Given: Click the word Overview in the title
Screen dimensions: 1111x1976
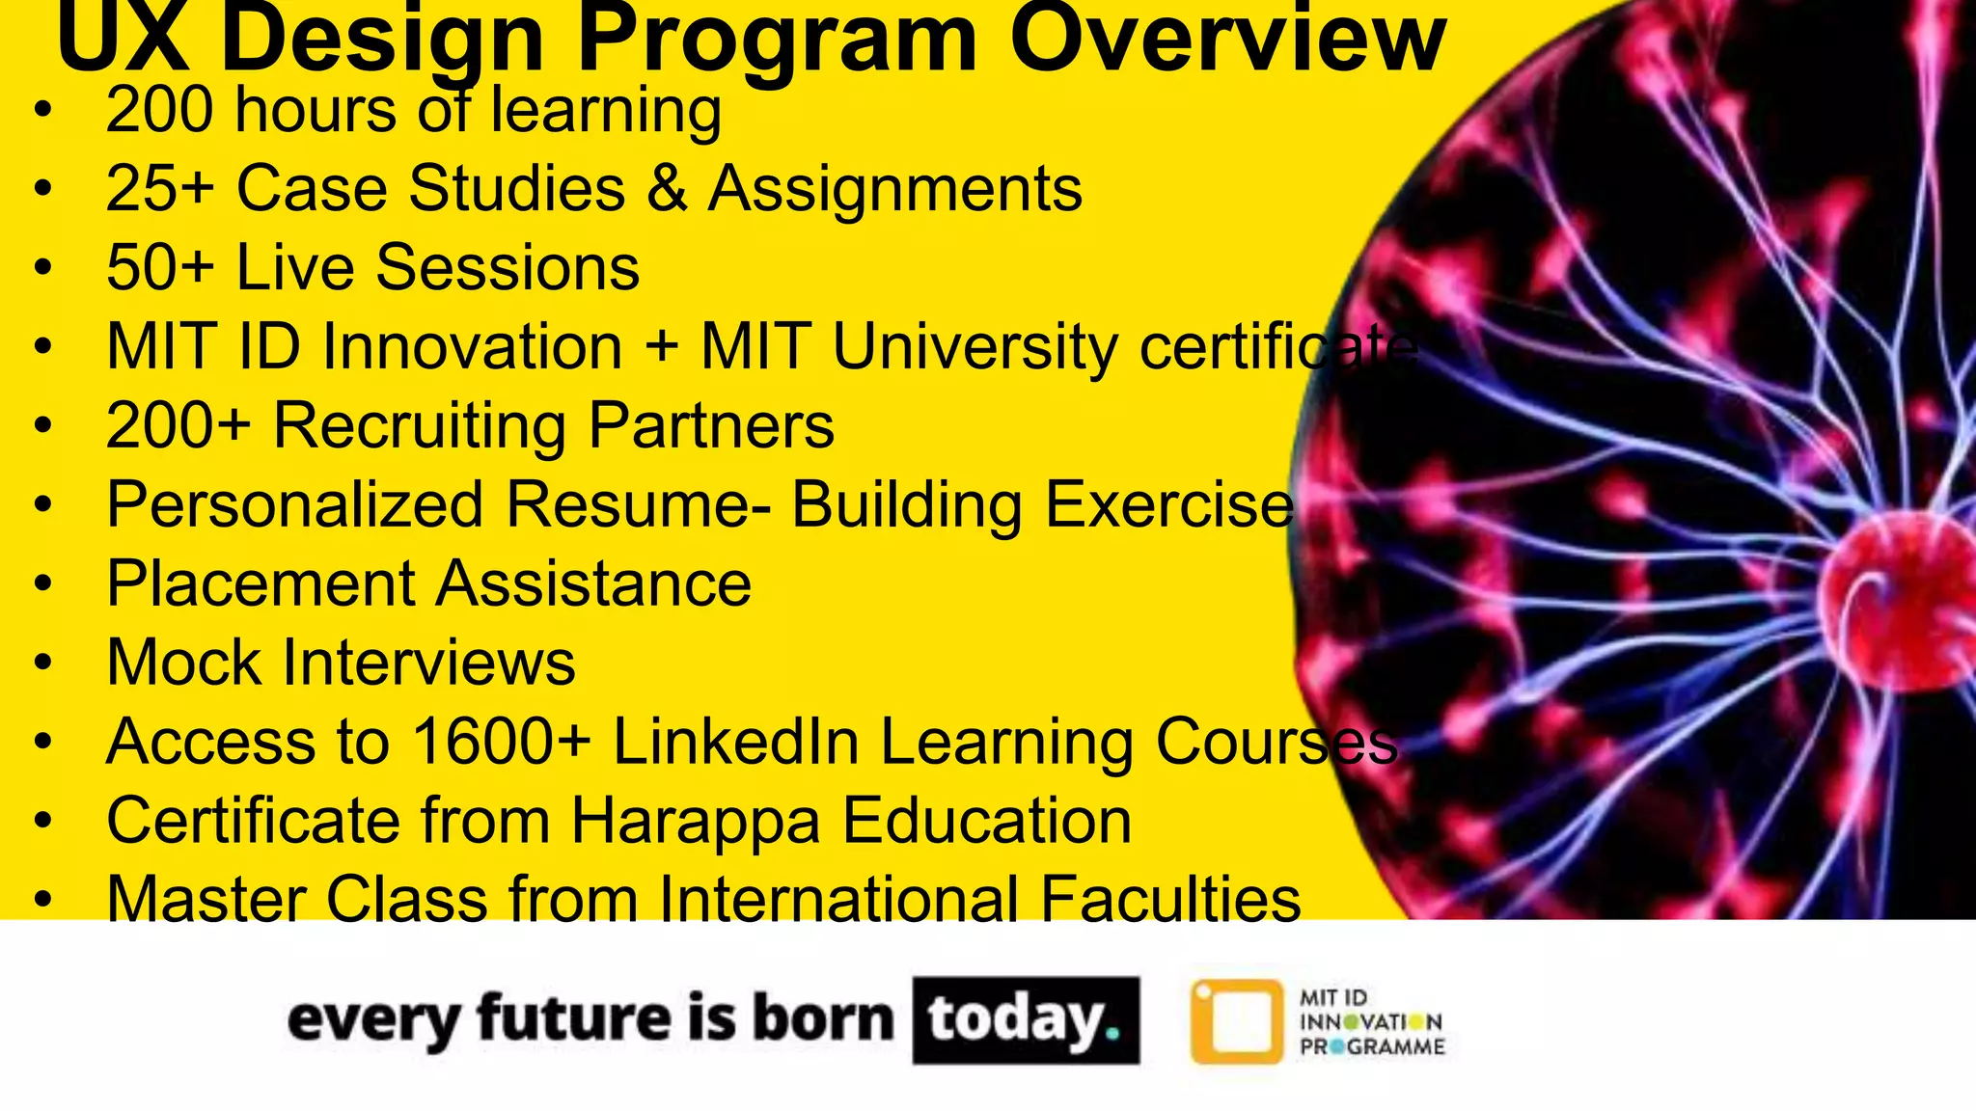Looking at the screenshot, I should coord(1227,39).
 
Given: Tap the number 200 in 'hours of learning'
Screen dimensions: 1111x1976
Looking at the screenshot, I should coord(160,109).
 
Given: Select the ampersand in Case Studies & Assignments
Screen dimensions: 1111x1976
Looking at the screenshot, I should coord(667,188).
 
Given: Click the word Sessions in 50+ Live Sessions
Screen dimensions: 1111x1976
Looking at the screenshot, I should coord(508,267).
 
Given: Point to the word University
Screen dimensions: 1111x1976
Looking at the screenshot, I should coord(974,347).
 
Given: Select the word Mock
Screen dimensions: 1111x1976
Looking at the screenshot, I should coord(183,663).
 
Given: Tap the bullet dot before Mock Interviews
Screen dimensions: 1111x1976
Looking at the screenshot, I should coord(41,664).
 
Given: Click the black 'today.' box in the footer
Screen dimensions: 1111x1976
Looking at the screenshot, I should coord(1026,1020).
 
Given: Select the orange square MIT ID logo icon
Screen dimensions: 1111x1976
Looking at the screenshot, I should coord(1237,1021).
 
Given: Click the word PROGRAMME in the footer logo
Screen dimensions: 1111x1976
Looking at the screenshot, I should coord(1372,1047).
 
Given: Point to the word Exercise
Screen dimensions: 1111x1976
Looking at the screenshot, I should coord(1168,504).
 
